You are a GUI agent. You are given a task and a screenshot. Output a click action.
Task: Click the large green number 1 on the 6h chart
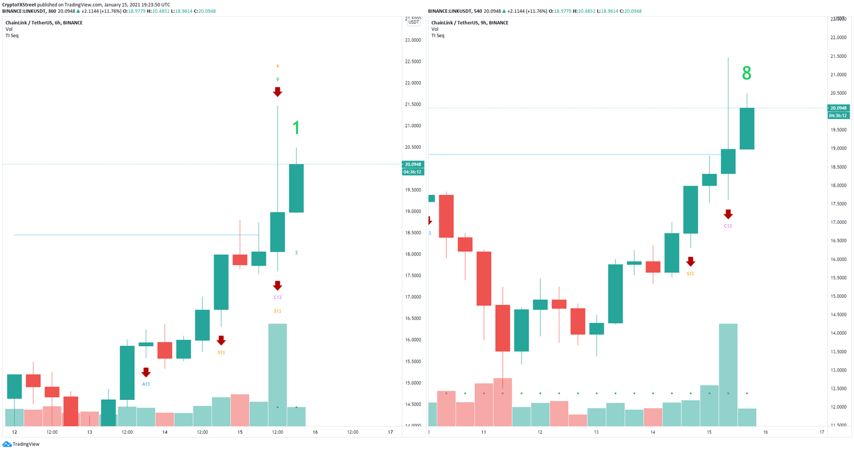click(296, 128)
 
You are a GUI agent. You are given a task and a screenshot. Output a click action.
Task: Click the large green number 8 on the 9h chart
click(747, 73)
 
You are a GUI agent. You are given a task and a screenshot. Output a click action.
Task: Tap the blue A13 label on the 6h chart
click(146, 384)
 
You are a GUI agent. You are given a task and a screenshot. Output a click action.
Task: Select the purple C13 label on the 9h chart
click(728, 226)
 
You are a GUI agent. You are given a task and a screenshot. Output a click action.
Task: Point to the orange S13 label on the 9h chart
click(690, 273)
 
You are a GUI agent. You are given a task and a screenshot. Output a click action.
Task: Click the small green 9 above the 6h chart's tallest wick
click(277, 79)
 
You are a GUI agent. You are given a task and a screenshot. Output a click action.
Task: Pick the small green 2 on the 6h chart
click(296, 253)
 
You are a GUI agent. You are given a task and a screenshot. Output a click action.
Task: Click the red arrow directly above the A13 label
click(146, 372)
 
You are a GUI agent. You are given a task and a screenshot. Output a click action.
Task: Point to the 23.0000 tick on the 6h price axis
click(413, 40)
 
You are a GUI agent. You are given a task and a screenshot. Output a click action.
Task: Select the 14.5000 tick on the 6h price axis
click(413, 404)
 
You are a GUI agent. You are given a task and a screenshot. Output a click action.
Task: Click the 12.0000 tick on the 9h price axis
click(838, 407)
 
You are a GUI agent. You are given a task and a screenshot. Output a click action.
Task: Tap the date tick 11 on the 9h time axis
click(484, 432)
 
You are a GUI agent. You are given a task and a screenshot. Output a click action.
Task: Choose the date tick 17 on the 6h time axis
click(390, 432)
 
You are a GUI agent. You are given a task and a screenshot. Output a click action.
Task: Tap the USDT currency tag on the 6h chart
click(414, 22)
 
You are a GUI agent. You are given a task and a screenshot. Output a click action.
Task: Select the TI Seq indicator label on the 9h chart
click(438, 36)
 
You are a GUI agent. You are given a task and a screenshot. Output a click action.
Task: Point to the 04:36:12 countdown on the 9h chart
click(837, 116)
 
